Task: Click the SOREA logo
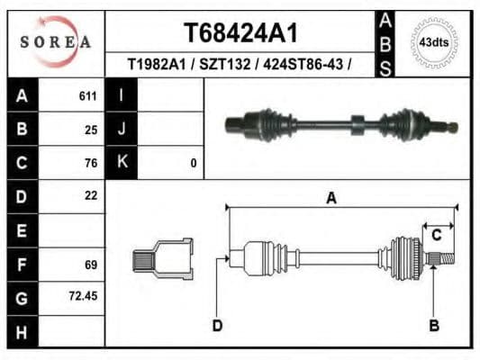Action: coord(56,42)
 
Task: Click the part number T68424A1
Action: coord(240,33)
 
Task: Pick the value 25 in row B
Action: coord(90,130)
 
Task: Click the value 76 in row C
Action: coord(90,163)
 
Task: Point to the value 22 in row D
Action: coord(90,195)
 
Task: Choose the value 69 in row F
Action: coord(90,265)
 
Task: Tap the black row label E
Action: coord(22,230)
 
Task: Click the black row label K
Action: coord(122,163)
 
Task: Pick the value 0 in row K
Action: coord(193,164)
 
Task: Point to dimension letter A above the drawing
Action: coord(331,198)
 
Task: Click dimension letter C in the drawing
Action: coord(436,236)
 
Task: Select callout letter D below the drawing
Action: coord(217,325)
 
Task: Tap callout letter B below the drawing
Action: coord(433,325)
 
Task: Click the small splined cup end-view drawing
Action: coord(163,261)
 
